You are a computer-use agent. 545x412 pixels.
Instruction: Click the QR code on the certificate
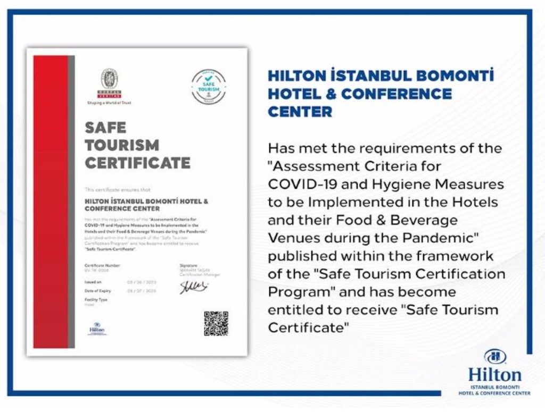pyautogui.click(x=216, y=324)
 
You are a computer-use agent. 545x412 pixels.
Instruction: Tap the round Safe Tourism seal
pyautogui.click(x=208, y=86)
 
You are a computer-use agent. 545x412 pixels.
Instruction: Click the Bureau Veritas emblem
pyautogui.click(x=110, y=80)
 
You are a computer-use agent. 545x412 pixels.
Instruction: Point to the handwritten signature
pyautogui.click(x=193, y=287)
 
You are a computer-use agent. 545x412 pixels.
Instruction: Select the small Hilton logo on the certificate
pyautogui.click(x=97, y=328)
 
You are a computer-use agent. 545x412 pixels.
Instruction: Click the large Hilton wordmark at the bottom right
pyautogui.click(x=494, y=374)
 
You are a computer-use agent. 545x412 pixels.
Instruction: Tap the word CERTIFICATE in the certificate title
pyautogui.click(x=137, y=163)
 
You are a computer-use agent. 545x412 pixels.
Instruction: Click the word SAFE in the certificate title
pyautogui.click(x=105, y=128)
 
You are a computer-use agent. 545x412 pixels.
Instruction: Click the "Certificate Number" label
pyautogui.click(x=102, y=265)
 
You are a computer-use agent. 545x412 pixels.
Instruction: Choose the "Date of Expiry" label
pyautogui.click(x=98, y=291)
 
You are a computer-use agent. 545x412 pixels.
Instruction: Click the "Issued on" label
pyautogui.click(x=93, y=282)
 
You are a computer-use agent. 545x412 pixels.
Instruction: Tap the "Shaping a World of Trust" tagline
pyautogui.click(x=110, y=103)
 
